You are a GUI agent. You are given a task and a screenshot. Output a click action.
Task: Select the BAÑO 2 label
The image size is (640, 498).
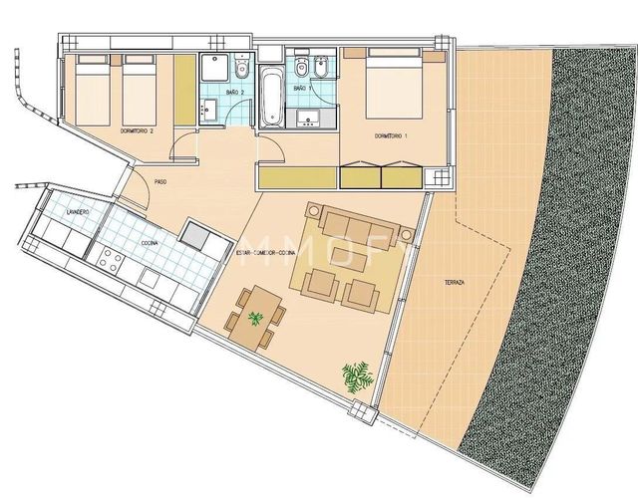pos(233,92)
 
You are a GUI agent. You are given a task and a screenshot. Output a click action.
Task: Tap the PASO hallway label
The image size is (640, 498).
pos(160,180)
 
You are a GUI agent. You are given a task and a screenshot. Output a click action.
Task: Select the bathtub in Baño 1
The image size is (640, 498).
pos(271,97)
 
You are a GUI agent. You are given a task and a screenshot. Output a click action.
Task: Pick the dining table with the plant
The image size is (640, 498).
pos(256,316)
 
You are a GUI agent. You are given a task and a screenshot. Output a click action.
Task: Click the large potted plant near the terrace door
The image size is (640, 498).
pos(356,376)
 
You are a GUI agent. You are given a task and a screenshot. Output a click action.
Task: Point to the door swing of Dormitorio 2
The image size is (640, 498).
pos(184,148)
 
